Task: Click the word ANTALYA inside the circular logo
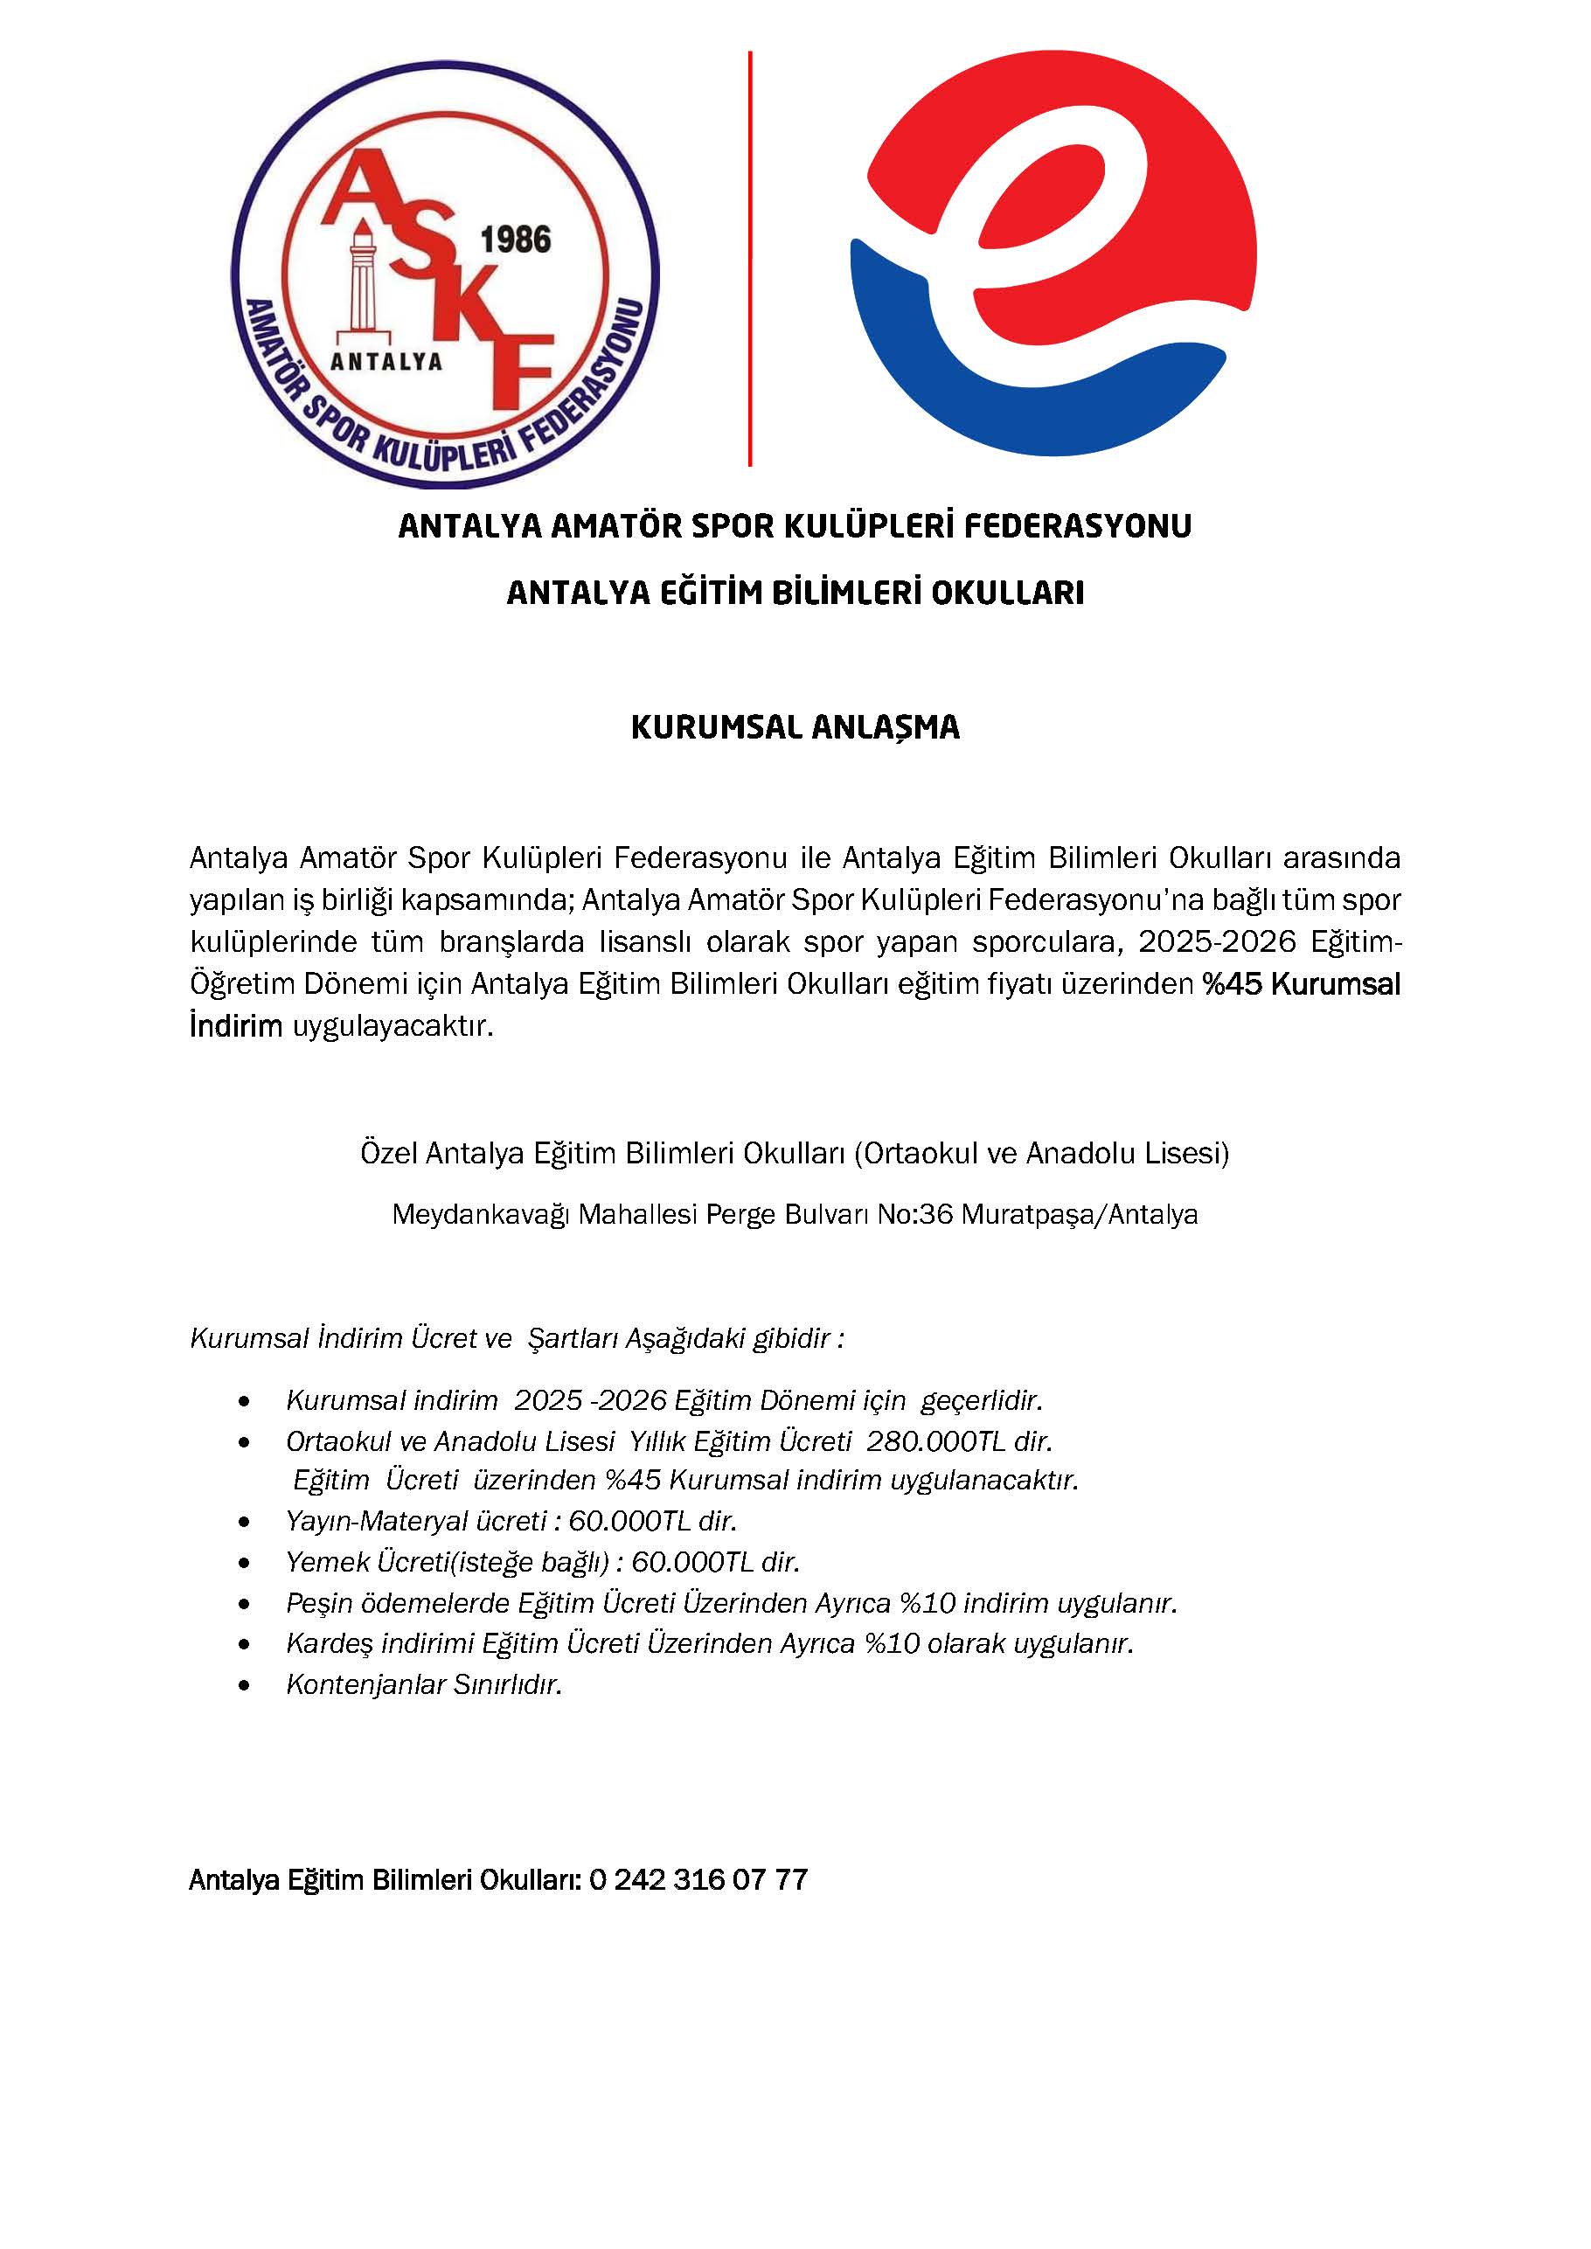[386, 363]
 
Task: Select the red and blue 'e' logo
[1053, 253]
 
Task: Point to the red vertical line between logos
[750, 259]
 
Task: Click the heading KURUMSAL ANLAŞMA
[795, 727]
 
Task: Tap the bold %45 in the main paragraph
[1233, 983]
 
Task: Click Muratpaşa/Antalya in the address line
[1080, 1215]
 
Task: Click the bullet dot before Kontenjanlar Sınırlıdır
[244, 1686]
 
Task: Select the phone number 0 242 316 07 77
[698, 1880]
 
